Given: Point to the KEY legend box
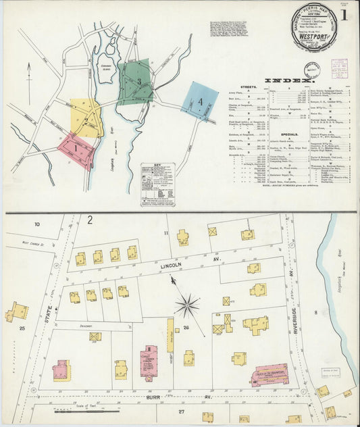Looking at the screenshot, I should [x=157, y=183].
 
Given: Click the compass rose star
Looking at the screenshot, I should [x=187, y=305].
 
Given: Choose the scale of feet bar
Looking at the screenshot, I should [x=78, y=409].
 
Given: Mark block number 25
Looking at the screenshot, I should [x=22, y=328].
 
